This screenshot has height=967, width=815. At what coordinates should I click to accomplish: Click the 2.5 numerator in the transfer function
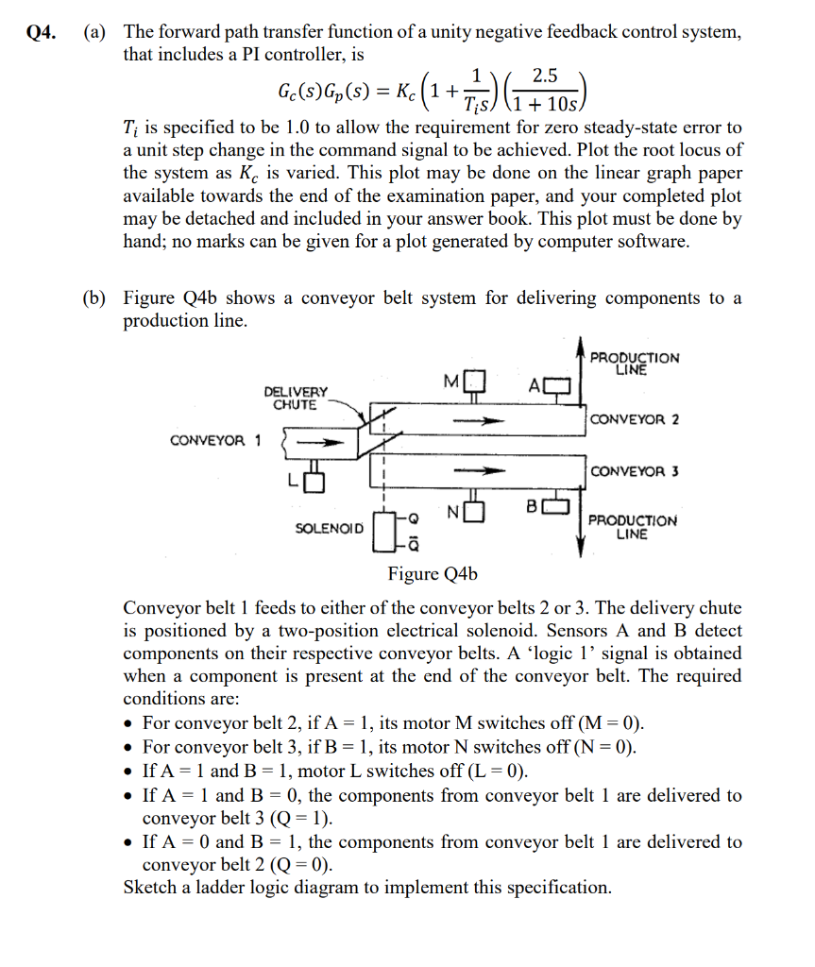coord(544,76)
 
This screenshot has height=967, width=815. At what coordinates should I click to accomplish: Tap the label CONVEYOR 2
coord(634,419)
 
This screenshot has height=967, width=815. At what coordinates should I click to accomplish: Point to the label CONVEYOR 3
coord(634,471)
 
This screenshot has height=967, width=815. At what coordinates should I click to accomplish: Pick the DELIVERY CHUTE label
coord(296,398)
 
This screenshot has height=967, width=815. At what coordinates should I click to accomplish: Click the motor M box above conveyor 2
coord(475,382)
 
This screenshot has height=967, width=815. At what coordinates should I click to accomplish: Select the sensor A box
coord(557,385)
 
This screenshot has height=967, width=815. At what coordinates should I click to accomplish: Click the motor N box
coord(475,511)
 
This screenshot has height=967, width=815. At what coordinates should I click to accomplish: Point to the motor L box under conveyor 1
coord(315,481)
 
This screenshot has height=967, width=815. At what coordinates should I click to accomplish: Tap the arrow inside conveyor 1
coord(320,441)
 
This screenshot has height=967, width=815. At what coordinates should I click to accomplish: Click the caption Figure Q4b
coord(433,574)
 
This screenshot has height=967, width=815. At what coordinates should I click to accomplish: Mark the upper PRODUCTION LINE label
coord(634,364)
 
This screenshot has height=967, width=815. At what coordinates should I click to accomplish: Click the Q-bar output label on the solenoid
coord(414,545)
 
